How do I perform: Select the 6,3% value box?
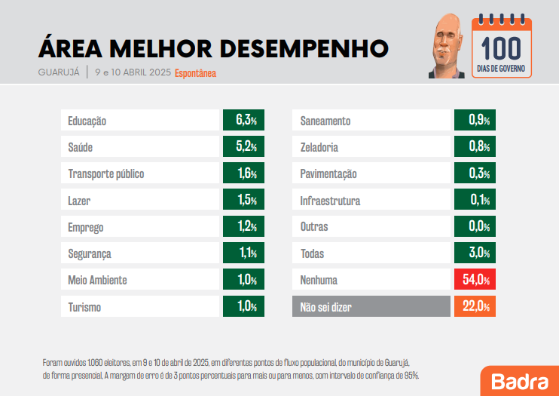242,121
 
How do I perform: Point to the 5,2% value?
242,147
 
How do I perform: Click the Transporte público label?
105,174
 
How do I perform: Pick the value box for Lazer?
242,201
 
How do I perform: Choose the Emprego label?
86,227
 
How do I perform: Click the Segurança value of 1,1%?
242,254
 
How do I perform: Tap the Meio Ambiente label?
97,281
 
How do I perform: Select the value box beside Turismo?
242,307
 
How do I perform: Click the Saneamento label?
325,121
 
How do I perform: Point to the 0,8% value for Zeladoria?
474,147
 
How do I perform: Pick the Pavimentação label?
328,174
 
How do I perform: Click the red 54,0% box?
474,281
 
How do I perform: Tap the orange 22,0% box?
474,307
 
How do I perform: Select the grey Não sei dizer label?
326,307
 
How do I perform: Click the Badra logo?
519,381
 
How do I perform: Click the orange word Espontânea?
195,73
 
